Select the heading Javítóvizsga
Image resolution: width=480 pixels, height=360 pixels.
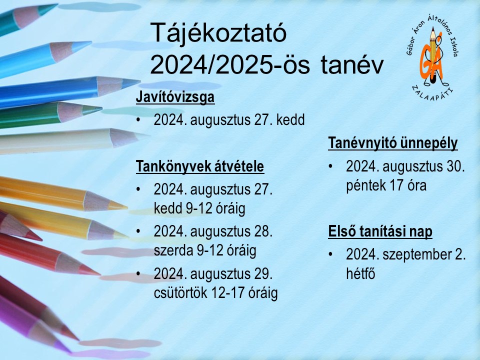click(175, 97)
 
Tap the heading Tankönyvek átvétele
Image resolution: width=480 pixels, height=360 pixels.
click(200, 166)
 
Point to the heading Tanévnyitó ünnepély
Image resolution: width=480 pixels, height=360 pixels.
click(393, 143)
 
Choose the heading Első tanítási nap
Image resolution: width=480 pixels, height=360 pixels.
click(380, 231)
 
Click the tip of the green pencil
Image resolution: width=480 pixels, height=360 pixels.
click(101, 108)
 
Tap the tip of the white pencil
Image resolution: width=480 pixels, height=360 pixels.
click(144, 134)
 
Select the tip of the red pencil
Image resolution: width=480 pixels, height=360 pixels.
click(100, 274)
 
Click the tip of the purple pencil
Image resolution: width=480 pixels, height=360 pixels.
click(70, 351)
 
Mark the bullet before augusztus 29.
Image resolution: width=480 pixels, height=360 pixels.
click(138, 273)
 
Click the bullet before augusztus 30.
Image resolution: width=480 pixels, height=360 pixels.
click(330, 166)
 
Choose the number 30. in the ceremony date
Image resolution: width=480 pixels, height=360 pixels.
click(456, 166)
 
